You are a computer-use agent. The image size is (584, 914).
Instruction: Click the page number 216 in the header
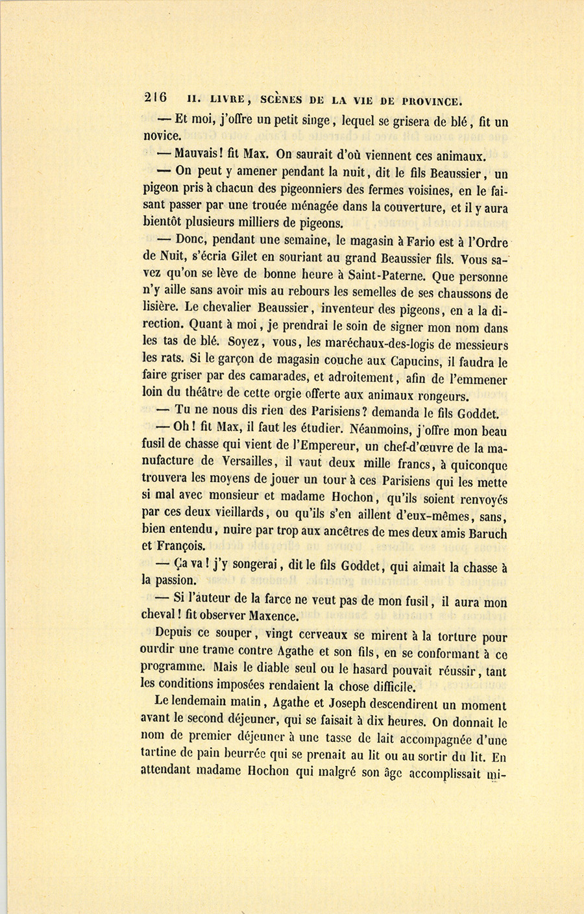point(155,98)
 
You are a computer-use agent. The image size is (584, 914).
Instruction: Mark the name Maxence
point(271,616)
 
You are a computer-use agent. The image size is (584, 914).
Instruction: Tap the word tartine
point(162,756)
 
